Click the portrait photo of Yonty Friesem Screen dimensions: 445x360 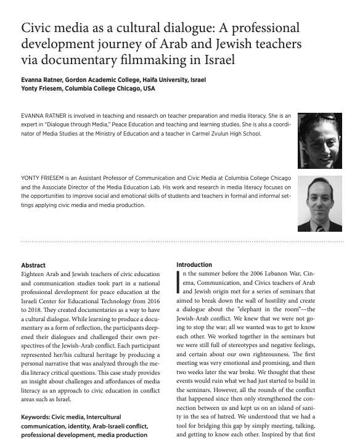(319, 203)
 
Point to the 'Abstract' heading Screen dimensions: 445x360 (33, 265)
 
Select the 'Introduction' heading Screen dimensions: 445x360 (194, 265)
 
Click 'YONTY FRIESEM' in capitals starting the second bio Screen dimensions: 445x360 (44, 179)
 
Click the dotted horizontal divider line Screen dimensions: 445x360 (179, 242)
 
